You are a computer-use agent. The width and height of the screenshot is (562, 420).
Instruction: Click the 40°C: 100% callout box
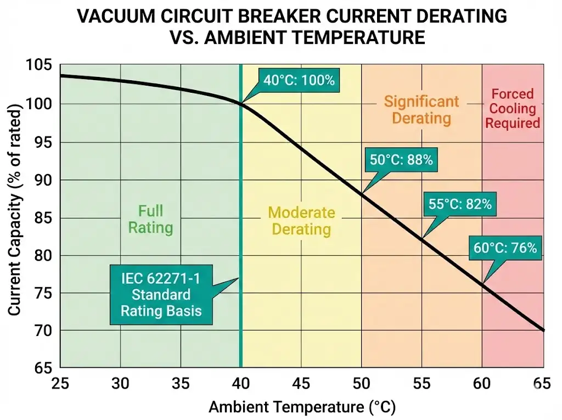(x=299, y=80)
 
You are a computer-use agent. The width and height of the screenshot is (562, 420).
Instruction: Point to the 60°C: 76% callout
(x=504, y=248)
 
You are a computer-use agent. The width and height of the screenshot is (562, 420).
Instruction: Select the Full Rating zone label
(x=150, y=219)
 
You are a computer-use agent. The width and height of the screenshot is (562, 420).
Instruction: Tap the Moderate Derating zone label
(x=301, y=221)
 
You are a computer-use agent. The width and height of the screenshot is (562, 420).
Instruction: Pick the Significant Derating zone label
(x=421, y=109)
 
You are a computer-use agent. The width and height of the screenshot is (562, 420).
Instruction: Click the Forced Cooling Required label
(x=512, y=108)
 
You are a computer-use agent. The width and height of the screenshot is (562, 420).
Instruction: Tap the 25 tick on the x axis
(x=60, y=383)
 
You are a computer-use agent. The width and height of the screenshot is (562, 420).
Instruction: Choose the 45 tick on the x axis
(x=301, y=383)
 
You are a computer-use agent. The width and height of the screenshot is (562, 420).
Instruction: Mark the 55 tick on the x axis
(x=422, y=383)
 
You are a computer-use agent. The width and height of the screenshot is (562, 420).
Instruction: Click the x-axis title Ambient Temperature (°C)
(x=302, y=407)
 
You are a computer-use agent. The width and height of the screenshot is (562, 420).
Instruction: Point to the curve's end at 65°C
(x=543, y=330)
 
